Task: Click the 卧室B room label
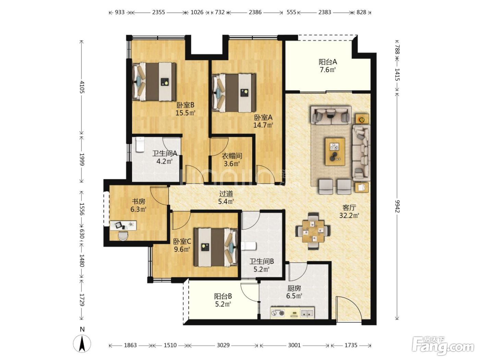pos(185,105)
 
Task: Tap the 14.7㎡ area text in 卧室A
pos(263,125)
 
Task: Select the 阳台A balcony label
pos(327,62)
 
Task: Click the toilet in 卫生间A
pos(140,144)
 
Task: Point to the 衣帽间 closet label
pos(232,156)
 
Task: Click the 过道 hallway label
pos(226,194)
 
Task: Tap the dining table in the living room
pos(313,231)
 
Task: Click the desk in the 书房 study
pos(123,226)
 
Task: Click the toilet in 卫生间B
pos(249,246)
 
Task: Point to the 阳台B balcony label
pos(223,296)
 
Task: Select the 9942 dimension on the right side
pos(397,206)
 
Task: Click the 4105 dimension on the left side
pos(82,87)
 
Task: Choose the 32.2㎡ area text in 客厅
pos(349,216)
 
